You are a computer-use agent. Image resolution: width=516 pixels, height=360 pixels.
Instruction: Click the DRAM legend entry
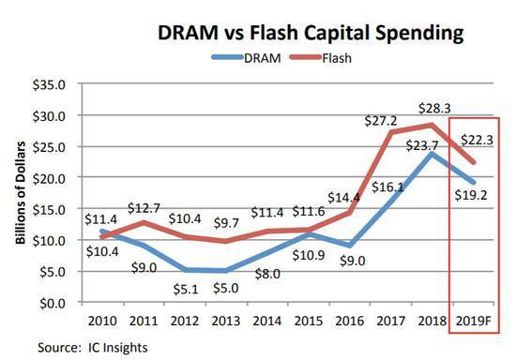tap(247, 58)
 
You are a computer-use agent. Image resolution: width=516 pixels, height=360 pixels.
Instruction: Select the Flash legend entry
tap(321, 58)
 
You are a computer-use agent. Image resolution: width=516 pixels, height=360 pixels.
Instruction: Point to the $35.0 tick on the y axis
tap(49, 85)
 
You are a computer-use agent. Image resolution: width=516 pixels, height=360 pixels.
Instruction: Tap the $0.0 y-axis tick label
tap(53, 303)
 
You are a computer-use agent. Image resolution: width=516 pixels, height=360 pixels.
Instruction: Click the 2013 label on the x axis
tap(225, 321)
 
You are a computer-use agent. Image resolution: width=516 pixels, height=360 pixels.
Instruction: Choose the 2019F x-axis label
tap(473, 321)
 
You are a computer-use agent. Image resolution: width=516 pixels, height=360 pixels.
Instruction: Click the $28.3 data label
tap(434, 108)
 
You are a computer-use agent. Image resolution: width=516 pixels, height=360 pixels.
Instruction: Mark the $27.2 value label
tap(381, 121)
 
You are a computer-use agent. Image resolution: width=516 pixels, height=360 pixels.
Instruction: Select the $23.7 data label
tap(422, 145)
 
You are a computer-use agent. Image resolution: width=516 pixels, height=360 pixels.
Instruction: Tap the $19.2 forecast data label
tap(471, 195)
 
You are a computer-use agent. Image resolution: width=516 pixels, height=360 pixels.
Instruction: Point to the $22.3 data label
tap(477, 140)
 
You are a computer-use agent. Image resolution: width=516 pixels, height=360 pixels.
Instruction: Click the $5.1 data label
tap(186, 290)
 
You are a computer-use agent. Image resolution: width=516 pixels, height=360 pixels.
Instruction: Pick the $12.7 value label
tap(144, 208)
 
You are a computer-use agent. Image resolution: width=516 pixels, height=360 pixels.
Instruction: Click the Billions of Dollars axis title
tap(21, 193)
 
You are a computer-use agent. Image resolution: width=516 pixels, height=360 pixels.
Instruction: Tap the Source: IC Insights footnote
tap(93, 348)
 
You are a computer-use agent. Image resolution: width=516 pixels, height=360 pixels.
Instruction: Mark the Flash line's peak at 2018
tap(432, 125)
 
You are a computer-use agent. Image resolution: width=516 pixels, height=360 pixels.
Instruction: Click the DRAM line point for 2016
tap(350, 246)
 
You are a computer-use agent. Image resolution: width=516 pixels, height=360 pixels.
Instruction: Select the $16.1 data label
tap(387, 187)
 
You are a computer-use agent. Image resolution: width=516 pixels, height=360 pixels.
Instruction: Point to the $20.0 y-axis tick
tap(49, 178)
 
